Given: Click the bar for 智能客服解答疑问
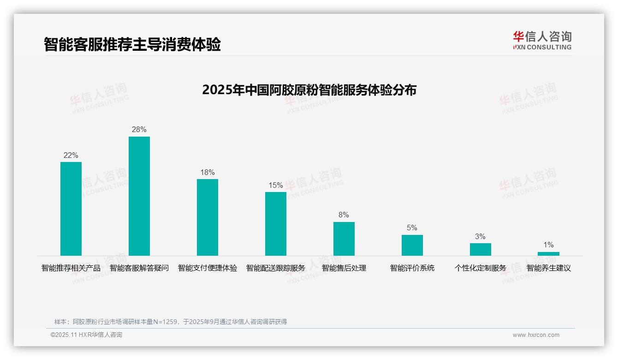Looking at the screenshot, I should coord(139,196).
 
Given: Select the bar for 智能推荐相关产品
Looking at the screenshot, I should coord(71,209).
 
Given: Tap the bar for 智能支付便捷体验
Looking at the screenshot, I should coord(208,217).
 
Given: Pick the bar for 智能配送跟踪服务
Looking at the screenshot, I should coord(276,224).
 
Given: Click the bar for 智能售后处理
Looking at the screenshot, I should coord(344,239).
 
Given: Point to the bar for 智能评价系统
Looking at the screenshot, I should coord(412,245).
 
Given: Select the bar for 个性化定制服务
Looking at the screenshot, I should coord(481,249).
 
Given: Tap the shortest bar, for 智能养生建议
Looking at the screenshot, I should coord(548,254).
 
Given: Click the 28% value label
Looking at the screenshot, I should coord(139,130).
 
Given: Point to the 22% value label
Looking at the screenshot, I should coord(71,156).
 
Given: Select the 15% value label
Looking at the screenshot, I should coord(276,186).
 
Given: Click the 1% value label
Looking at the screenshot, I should coord(548,245).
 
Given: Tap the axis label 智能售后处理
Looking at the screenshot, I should coord(344,268).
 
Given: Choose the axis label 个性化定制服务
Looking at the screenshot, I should coord(481,268).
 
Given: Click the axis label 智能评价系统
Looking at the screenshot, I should coord(412,268).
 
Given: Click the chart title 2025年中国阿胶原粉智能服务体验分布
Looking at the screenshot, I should coord(309,90).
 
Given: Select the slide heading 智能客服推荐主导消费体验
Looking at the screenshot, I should coord(132,44).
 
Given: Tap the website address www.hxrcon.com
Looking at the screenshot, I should coord(536,335).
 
